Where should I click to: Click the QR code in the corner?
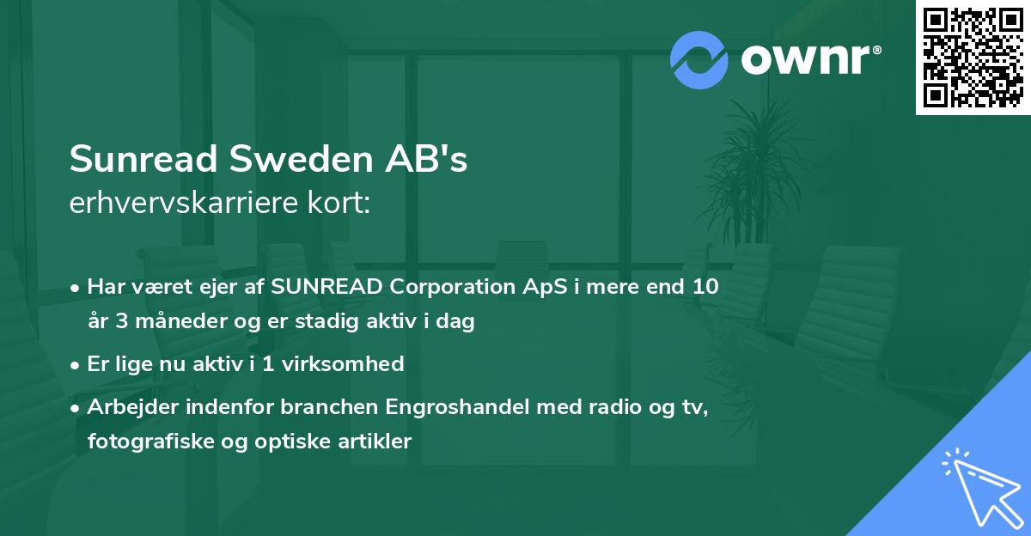(973, 57)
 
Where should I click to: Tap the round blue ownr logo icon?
(699, 59)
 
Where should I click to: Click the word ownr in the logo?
(803, 59)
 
